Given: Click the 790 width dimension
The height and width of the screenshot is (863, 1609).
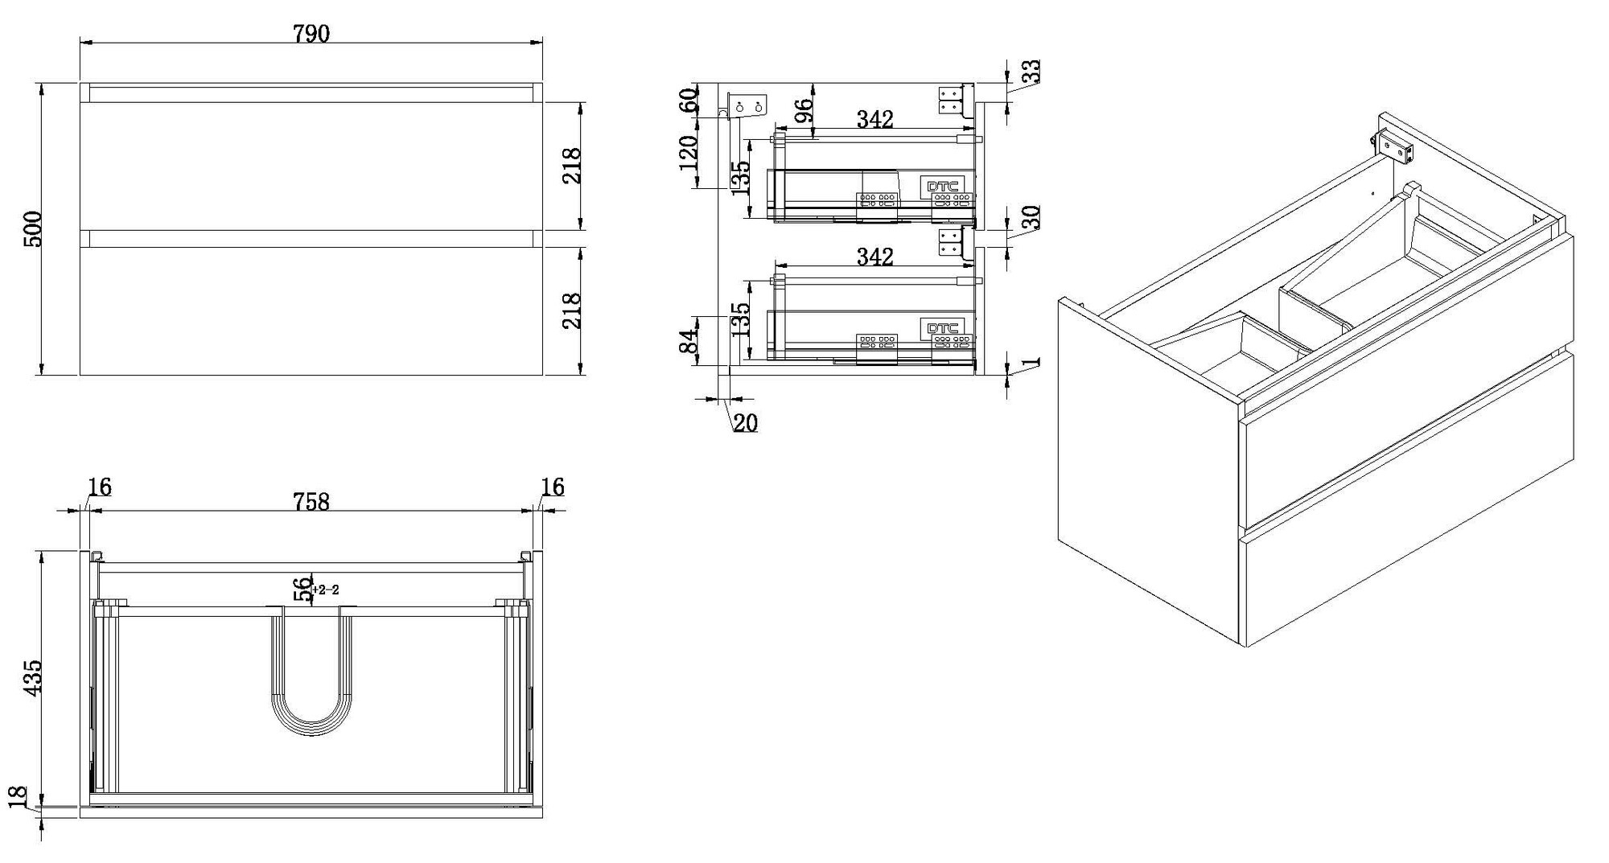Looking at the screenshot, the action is pos(311,34).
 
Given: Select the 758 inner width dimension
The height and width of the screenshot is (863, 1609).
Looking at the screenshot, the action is pos(311,501).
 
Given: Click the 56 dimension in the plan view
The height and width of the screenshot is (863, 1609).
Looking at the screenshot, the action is pos(302,590).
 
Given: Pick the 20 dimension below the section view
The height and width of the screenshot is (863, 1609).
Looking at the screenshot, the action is pos(746,423).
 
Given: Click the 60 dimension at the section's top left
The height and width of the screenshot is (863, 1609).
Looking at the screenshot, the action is pos(689,101).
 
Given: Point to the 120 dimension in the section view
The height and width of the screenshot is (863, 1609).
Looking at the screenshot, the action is pos(689,153).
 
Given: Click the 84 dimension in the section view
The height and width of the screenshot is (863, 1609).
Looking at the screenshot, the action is pos(689,341).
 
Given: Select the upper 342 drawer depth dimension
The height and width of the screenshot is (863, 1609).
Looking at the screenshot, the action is pos(874,120).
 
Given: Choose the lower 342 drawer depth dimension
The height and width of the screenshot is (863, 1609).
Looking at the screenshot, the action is pos(874,257).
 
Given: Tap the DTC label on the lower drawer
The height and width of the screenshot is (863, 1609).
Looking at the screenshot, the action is pos(943,328).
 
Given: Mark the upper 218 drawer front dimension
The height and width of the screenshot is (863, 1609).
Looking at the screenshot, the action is pos(572,166).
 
